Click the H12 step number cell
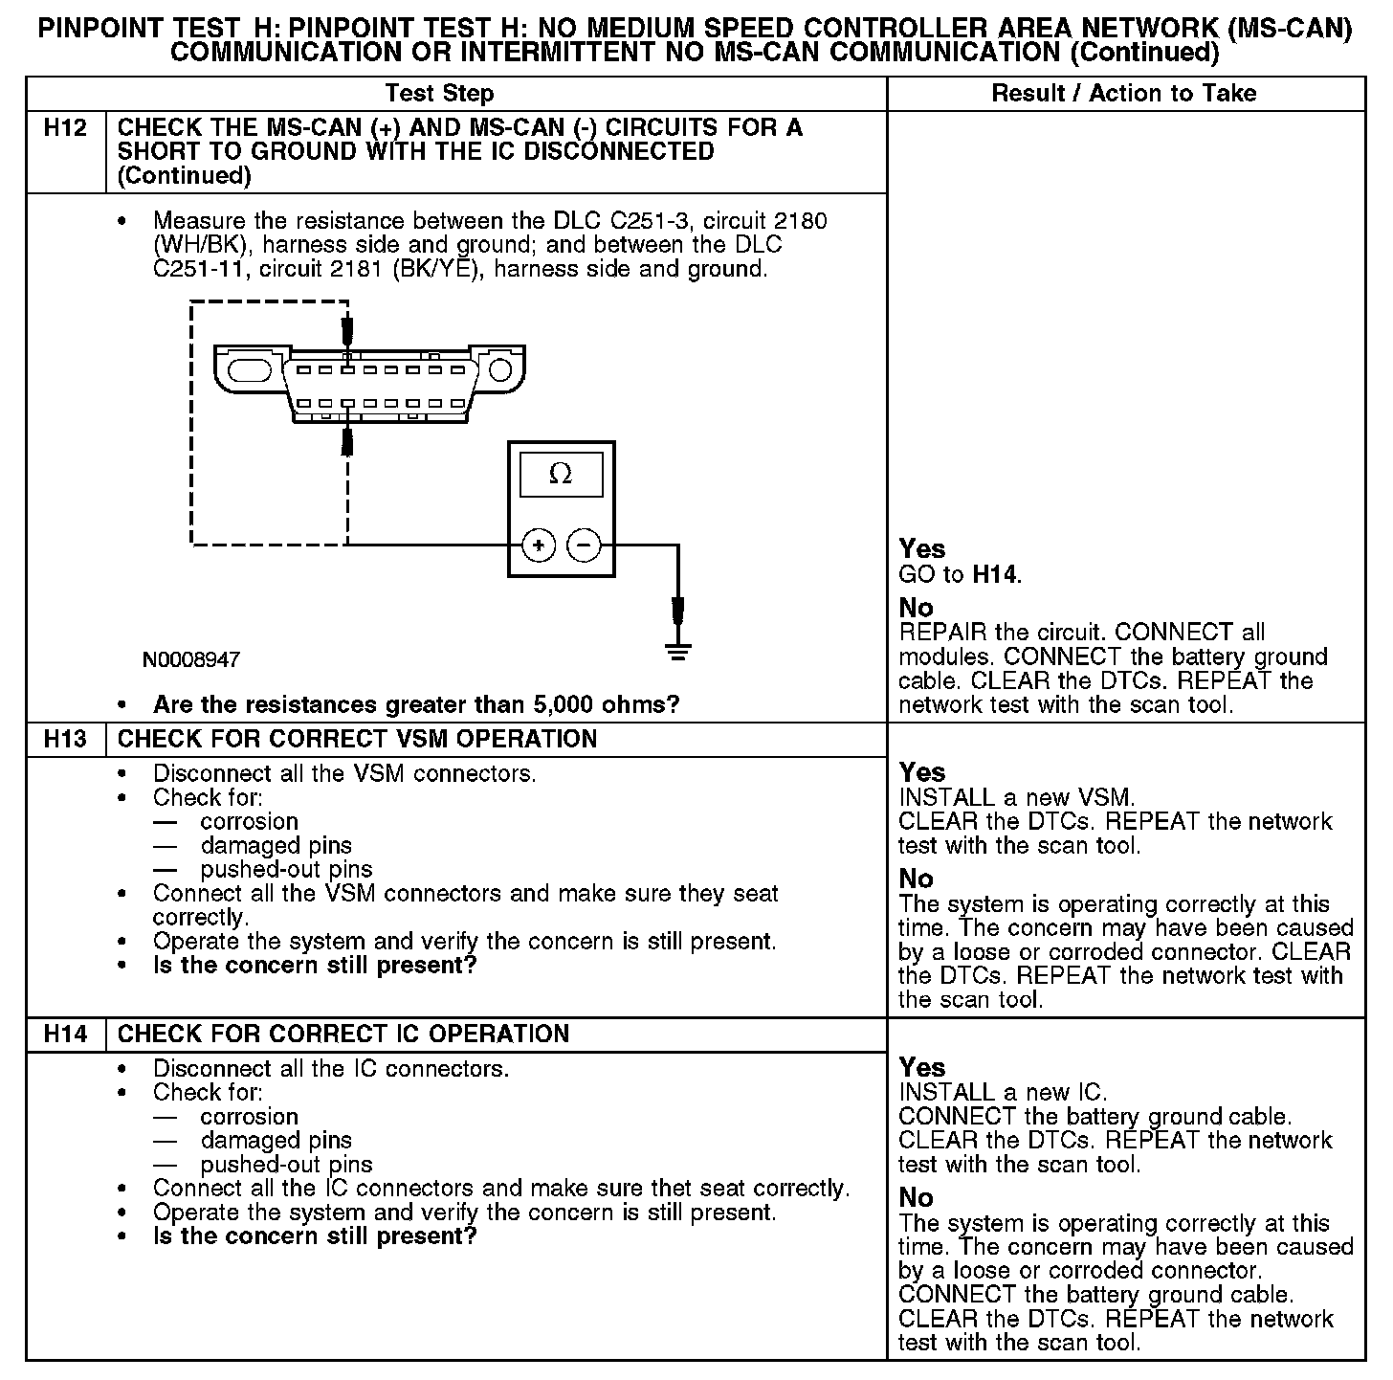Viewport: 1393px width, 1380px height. tap(65, 128)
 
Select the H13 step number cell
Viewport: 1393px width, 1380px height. tap(65, 740)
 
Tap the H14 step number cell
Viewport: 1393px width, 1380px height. tap(65, 1035)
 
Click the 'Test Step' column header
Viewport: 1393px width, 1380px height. tap(439, 94)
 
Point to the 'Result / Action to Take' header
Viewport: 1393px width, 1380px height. tap(1124, 94)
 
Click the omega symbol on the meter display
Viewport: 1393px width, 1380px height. tap(561, 475)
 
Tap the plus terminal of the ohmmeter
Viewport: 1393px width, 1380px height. tap(539, 545)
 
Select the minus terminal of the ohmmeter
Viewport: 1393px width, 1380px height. tap(584, 545)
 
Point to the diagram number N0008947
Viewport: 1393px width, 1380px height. tap(191, 660)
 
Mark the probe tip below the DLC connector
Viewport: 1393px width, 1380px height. tap(348, 442)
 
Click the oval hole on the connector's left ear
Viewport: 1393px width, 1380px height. tap(250, 368)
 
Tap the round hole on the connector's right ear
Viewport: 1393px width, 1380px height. tap(498, 369)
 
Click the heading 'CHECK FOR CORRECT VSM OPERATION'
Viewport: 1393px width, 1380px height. tap(357, 740)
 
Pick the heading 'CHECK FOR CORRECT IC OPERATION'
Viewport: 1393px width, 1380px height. tap(343, 1035)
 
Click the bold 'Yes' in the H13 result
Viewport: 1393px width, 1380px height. tap(922, 772)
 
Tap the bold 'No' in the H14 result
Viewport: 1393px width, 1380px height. tap(916, 1197)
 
